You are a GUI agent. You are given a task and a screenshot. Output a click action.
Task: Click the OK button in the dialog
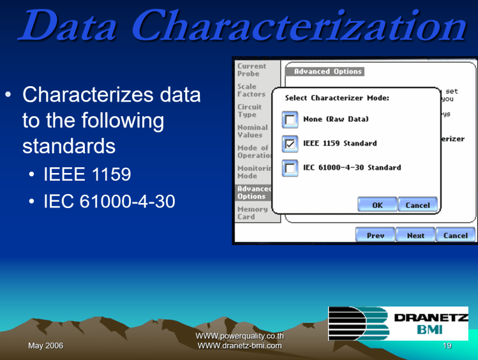click(x=377, y=205)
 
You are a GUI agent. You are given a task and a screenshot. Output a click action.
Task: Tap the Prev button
click(x=375, y=236)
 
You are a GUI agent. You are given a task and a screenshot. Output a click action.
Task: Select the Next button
click(x=415, y=236)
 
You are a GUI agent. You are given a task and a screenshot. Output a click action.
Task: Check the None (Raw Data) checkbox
click(x=290, y=119)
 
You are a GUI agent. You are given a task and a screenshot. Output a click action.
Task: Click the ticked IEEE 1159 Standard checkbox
click(x=290, y=144)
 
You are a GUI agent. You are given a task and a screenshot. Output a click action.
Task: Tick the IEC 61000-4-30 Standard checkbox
click(x=290, y=168)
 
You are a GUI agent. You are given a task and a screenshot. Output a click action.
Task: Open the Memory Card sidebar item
click(x=253, y=213)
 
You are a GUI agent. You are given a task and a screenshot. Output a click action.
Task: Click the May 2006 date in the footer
click(x=45, y=346)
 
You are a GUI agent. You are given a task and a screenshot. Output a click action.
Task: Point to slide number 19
click(x=447, y=346)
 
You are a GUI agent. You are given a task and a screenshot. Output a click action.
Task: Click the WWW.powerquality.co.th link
click(x=239, y=336)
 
